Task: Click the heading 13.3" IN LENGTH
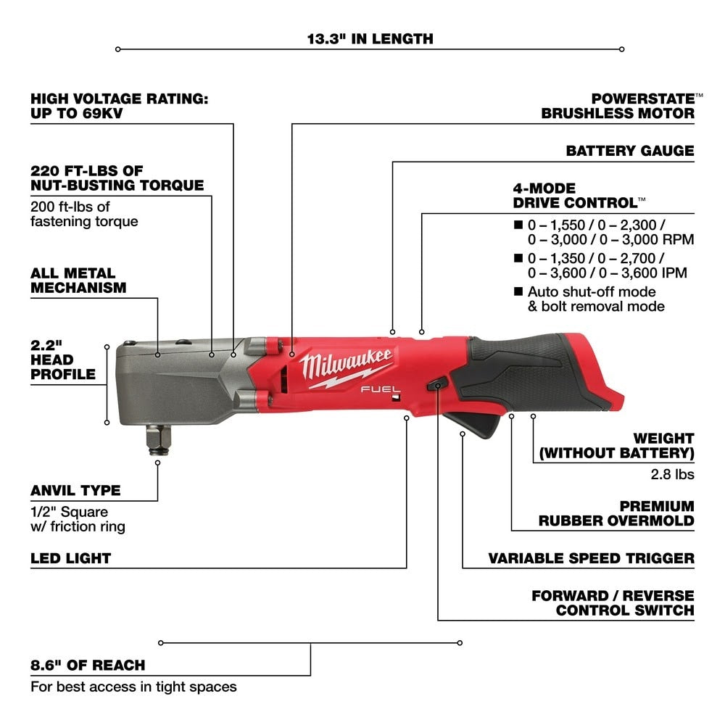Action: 370,38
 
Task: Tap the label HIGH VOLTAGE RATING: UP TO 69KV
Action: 119,106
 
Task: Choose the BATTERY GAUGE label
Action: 629,151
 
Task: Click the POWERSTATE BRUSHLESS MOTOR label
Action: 618,105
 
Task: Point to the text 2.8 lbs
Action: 674,474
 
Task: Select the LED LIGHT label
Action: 70,558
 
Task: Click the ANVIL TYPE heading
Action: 75,490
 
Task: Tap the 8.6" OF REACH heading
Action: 88,665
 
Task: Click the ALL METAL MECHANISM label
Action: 78,280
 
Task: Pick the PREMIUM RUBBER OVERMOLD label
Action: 616,513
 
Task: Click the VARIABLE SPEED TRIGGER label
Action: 591,558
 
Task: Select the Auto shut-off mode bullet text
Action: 595,299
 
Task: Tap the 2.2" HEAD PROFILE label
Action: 63,360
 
